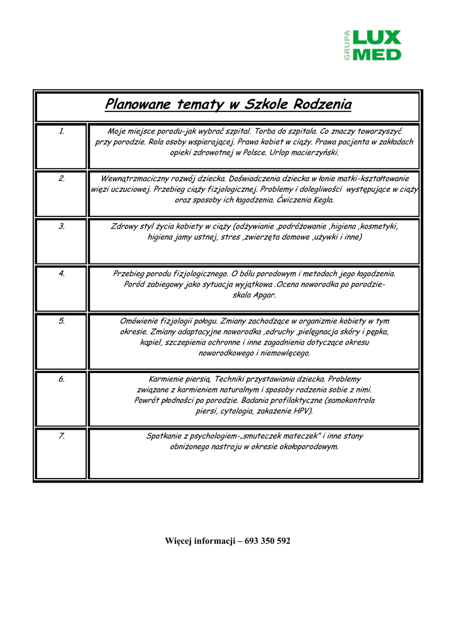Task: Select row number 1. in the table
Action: (62, 131)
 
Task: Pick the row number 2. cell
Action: (62, 179)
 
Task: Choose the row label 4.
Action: (62, 274)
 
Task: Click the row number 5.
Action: (62, 321)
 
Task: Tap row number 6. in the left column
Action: (62, 379)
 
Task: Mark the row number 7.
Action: (62, 436)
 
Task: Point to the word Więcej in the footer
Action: (181, 541)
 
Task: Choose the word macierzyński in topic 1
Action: (314, 153)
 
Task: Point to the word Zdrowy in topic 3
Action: (124, 226)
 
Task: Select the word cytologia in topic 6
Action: (238, 411)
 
